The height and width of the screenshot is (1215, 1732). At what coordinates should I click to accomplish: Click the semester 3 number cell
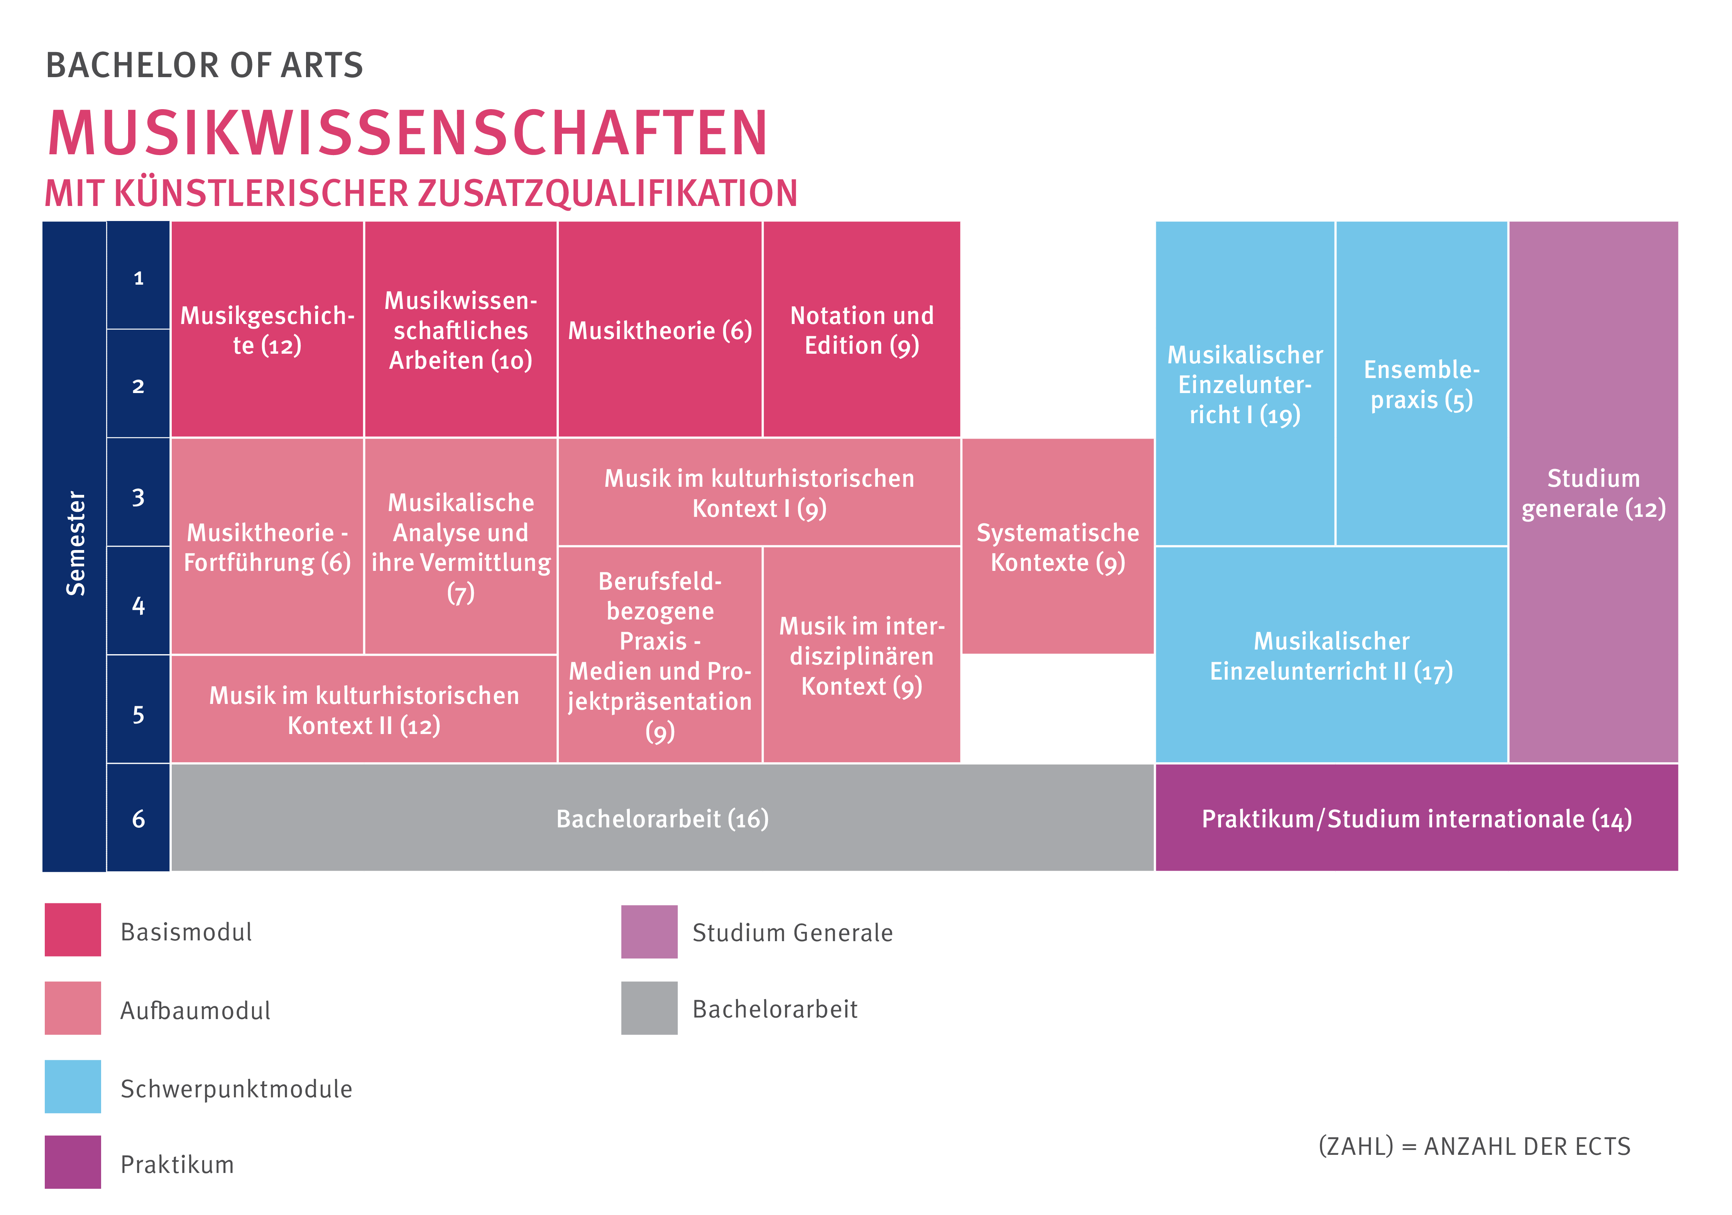coord(138,497)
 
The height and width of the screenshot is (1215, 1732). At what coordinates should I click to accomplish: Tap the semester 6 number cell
coord(138,818)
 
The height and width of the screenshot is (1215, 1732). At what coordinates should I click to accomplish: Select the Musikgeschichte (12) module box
coord(267,329)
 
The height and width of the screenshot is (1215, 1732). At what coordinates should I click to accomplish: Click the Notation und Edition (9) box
coord(861,329)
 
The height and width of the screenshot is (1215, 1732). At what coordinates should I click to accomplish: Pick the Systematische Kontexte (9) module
coord(1057,547)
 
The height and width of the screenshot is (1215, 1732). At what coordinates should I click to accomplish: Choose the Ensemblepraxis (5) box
coord(1421,384)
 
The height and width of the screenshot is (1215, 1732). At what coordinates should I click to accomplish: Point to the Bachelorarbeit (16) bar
coord(662,818)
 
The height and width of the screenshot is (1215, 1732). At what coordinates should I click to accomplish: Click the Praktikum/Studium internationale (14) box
coord(1416,818)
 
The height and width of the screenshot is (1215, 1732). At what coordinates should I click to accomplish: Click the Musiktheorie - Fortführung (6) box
coord(267,547)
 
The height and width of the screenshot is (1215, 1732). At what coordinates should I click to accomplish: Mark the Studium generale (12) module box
coord(1593,493)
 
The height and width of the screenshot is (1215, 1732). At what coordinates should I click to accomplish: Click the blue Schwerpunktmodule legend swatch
coord(73,1086)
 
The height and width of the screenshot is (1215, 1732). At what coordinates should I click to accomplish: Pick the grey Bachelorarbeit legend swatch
coord(649,1007)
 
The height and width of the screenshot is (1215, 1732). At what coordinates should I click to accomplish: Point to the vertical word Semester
coord(75,543)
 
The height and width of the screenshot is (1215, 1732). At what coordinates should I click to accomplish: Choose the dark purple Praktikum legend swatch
coord(73,1161)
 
